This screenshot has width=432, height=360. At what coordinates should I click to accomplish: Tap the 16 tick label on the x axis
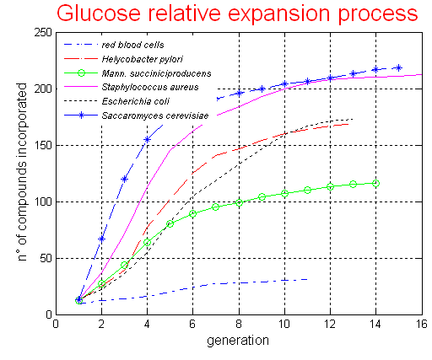[x=421, y=325]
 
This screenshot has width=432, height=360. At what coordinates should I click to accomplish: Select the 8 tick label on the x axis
[x=239, y=325]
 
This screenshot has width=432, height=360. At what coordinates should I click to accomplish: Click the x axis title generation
[x=240, y=341]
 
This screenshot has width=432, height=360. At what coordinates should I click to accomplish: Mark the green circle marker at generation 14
[x=375, y=183]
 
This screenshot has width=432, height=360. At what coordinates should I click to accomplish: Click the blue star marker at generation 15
[x=398, y=67]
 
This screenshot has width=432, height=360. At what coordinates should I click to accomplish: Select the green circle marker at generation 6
[x=193, y=213]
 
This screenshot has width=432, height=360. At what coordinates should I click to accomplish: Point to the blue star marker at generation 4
[x=148, y=139]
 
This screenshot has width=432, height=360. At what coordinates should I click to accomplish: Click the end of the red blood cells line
[x=307, y=278]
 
